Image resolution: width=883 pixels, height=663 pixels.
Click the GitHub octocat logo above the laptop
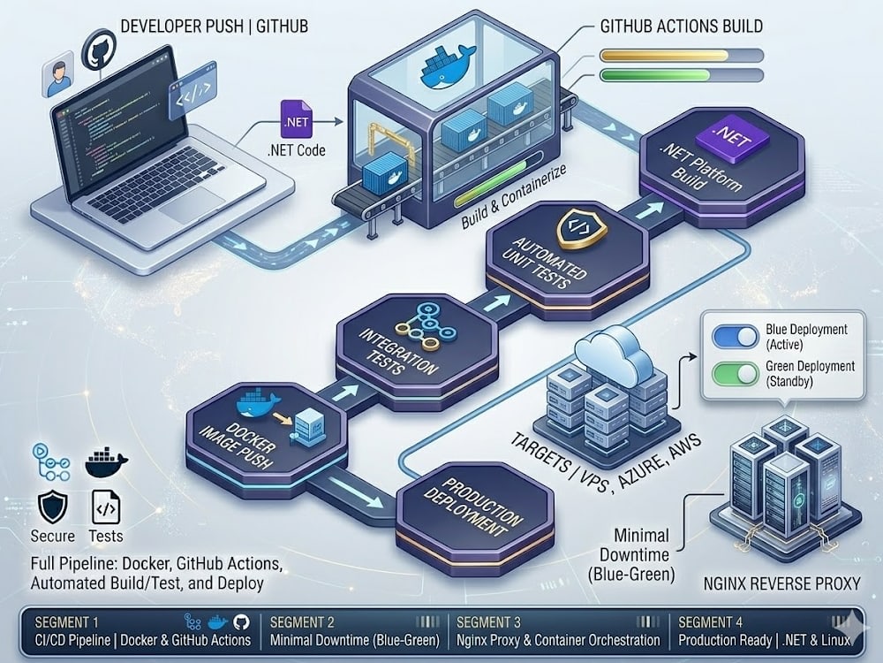99,50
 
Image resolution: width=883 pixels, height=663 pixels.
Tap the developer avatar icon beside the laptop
58,74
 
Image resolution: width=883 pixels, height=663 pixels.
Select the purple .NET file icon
297,119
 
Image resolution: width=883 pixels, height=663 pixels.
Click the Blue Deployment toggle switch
736,337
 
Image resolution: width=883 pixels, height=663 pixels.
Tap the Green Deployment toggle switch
736,373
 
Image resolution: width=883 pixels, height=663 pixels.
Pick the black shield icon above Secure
53,507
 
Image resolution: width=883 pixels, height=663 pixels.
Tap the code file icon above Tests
106,507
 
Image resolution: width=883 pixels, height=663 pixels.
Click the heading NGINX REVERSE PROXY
782,583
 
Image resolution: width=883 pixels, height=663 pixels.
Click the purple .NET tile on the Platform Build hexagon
733,135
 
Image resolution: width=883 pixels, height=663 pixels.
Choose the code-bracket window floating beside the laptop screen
192,90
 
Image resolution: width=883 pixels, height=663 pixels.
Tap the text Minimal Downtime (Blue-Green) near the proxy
632,555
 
